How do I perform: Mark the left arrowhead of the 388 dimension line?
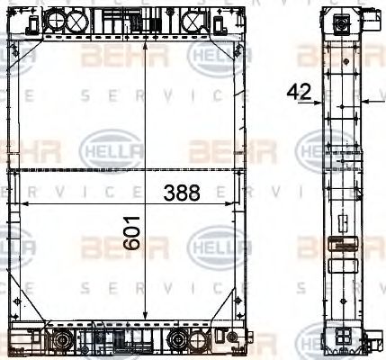(x=14, y=205)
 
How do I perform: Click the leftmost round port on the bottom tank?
(x=62, y=340)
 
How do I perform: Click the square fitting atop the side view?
(x=342, y=24)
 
